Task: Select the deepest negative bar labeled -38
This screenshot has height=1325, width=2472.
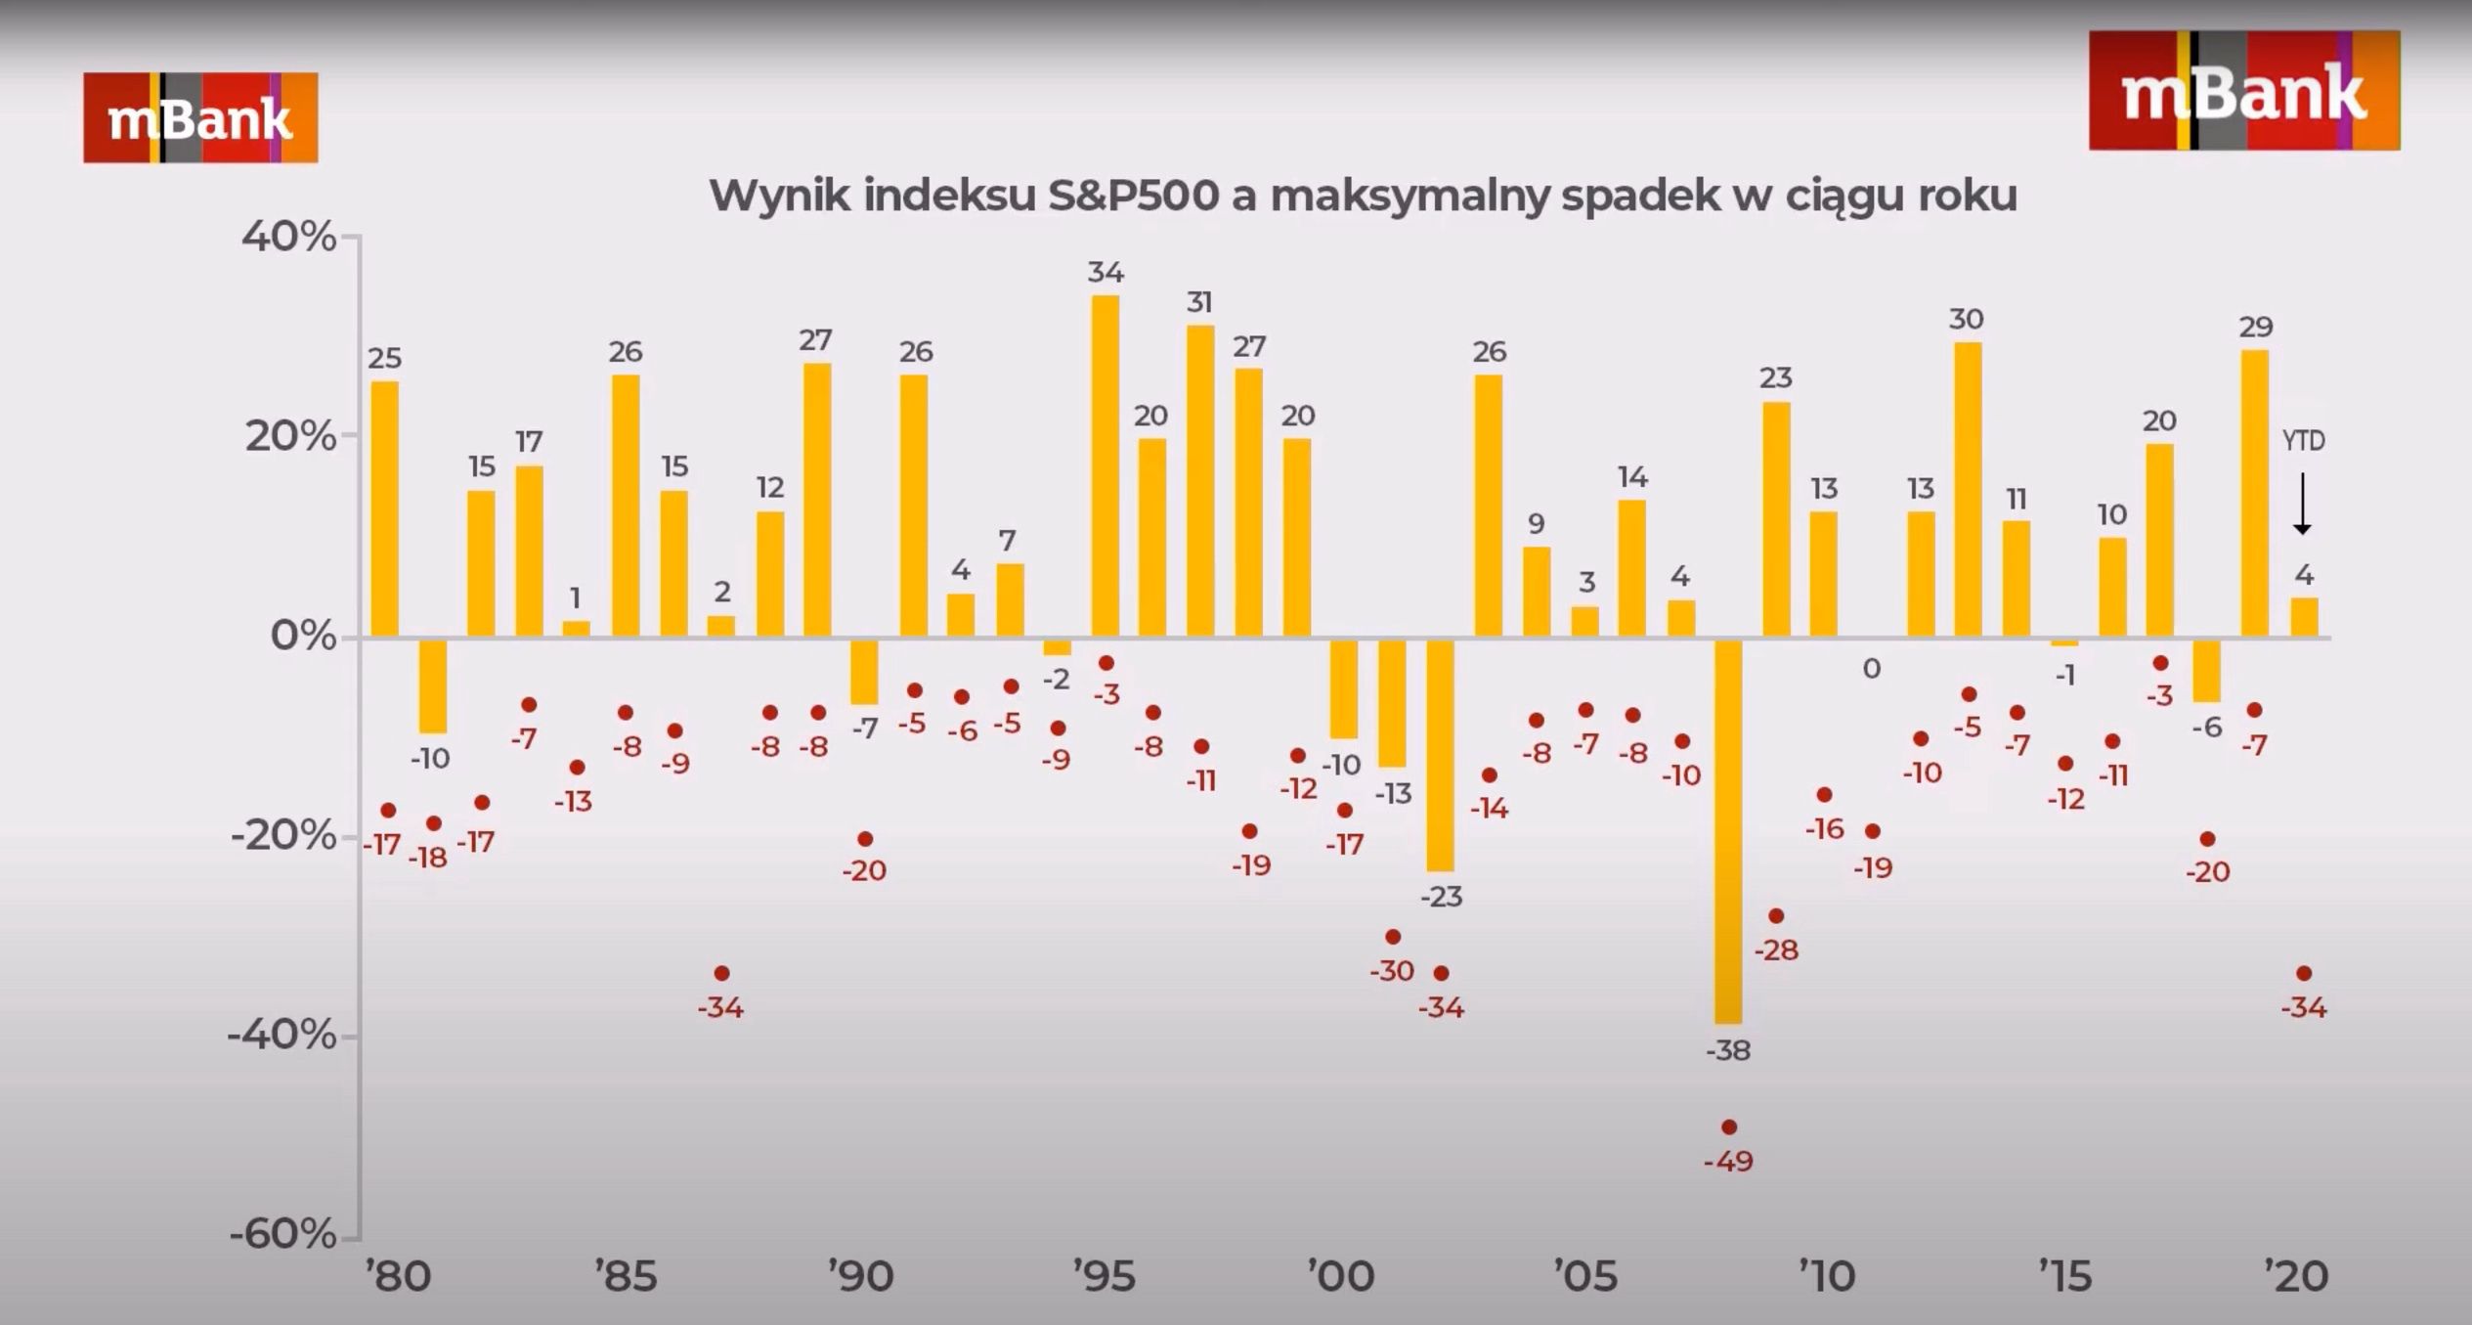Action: tap(1728, 831)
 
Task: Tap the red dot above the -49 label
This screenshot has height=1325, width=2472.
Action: tap(1728, 1127)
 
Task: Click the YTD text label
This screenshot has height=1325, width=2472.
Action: tap(2303, 441)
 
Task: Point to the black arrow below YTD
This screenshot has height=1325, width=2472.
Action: tap(2302, 504)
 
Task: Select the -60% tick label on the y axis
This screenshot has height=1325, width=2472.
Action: tap(283, 1235)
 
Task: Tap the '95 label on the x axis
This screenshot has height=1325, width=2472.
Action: tap(1105, 1276)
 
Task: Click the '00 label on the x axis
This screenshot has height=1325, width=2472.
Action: tap(1342, 1276)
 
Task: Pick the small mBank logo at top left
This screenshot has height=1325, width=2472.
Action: tap(200, 117)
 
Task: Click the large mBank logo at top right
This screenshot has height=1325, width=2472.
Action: tap(2243, 91)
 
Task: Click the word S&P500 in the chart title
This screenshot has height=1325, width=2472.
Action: tap(1133, 196)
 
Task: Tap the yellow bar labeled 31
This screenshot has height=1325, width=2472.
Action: tap(1200, 481)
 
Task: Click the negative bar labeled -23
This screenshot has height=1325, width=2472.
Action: tap(1440, 755)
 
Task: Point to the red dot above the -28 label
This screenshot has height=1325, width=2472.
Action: tap(1776, 916)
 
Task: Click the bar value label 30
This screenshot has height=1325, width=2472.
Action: tap(1966, 319)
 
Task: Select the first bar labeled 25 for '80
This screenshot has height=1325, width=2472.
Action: tap(385, 509)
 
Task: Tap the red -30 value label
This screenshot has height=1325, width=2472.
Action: tap(1392, 971)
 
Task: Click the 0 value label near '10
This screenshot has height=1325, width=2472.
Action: tap(1871, 669)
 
